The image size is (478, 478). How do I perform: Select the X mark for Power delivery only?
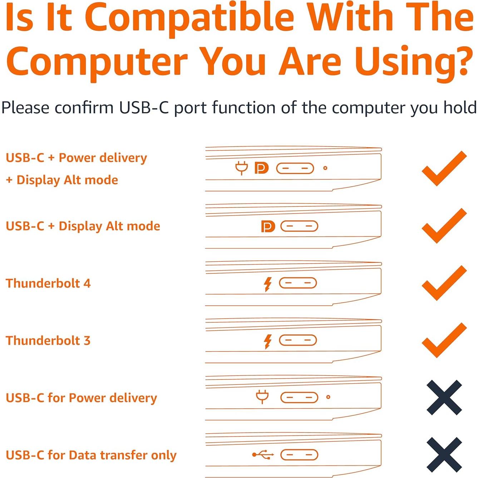[444, 398]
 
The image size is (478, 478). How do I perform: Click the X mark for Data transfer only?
[444, 455]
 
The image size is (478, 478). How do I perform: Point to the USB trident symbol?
[263, 455]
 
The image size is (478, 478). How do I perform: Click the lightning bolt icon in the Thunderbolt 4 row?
[267, 284]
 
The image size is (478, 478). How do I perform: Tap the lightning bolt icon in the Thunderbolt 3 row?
[267, 341]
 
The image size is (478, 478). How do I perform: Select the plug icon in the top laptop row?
[242, 168]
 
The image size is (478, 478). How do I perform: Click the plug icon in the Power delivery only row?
[262, 396]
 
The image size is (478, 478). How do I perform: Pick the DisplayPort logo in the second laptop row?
[268, 226]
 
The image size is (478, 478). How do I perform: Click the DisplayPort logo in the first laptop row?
[261, 168]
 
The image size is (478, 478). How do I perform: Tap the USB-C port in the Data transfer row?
[299, 455]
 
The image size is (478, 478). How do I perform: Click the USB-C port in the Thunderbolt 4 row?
[298, 283]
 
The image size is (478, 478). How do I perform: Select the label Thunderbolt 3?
[48, 340]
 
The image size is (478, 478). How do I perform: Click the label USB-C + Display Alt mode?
[83, 226]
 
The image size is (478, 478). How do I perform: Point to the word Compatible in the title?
[189, 18]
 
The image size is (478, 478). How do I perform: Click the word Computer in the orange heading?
[97, 61]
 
